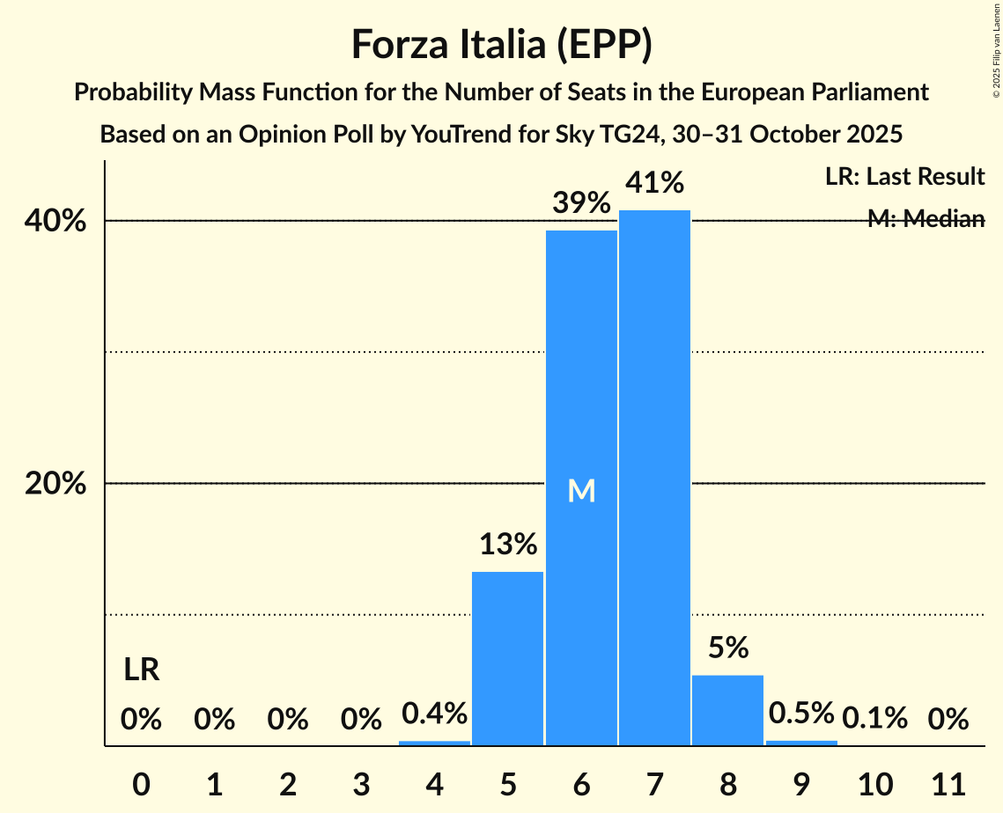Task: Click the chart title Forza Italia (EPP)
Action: pos(501,44)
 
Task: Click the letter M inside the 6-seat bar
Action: pos(581,491)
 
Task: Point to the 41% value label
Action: pos(654,183)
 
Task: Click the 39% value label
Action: pos(581,203)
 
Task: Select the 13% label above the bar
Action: pos(508,545)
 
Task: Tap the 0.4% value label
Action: pos(434,714)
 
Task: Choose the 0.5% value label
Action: pos(801,714)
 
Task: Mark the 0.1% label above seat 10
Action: pos(874,719)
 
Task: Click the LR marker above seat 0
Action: pos(141,670)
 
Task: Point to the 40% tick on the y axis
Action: pos(55,221)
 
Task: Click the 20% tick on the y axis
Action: pos(55,484)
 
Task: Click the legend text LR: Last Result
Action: pos(904,177)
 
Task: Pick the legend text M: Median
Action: pos(926,219)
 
